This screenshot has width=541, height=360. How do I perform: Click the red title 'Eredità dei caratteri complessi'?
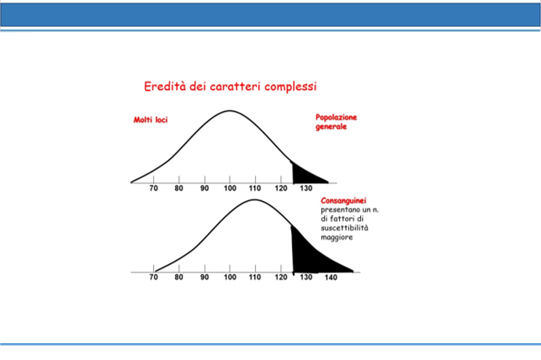(231, 86)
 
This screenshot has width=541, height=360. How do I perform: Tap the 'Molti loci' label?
(151, 119)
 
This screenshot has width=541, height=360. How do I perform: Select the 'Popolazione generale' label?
(336, 122)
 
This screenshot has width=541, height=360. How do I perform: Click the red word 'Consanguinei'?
(343, 200)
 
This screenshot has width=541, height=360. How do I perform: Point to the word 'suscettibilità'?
(344, 228)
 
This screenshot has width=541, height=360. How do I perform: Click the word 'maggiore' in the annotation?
(337, 237)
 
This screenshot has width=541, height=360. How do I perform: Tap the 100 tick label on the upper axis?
(230, 188)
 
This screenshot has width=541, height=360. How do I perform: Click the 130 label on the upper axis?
(306, 188)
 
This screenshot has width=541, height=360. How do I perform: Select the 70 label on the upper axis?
(153, 188)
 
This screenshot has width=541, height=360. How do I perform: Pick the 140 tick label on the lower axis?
(331, 278)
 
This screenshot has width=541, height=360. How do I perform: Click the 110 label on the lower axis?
(255, 278)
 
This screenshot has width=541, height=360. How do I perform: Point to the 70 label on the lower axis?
(153, 278)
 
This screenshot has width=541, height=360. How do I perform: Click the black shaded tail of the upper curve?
(304, 175)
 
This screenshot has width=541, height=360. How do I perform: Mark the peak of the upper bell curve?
(230, 111)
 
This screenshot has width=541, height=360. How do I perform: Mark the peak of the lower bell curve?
(254, 199)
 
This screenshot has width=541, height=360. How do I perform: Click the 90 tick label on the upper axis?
(204, 188)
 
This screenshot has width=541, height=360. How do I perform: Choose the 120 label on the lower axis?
(281, 278)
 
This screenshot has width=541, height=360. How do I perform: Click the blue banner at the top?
(271, 15)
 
